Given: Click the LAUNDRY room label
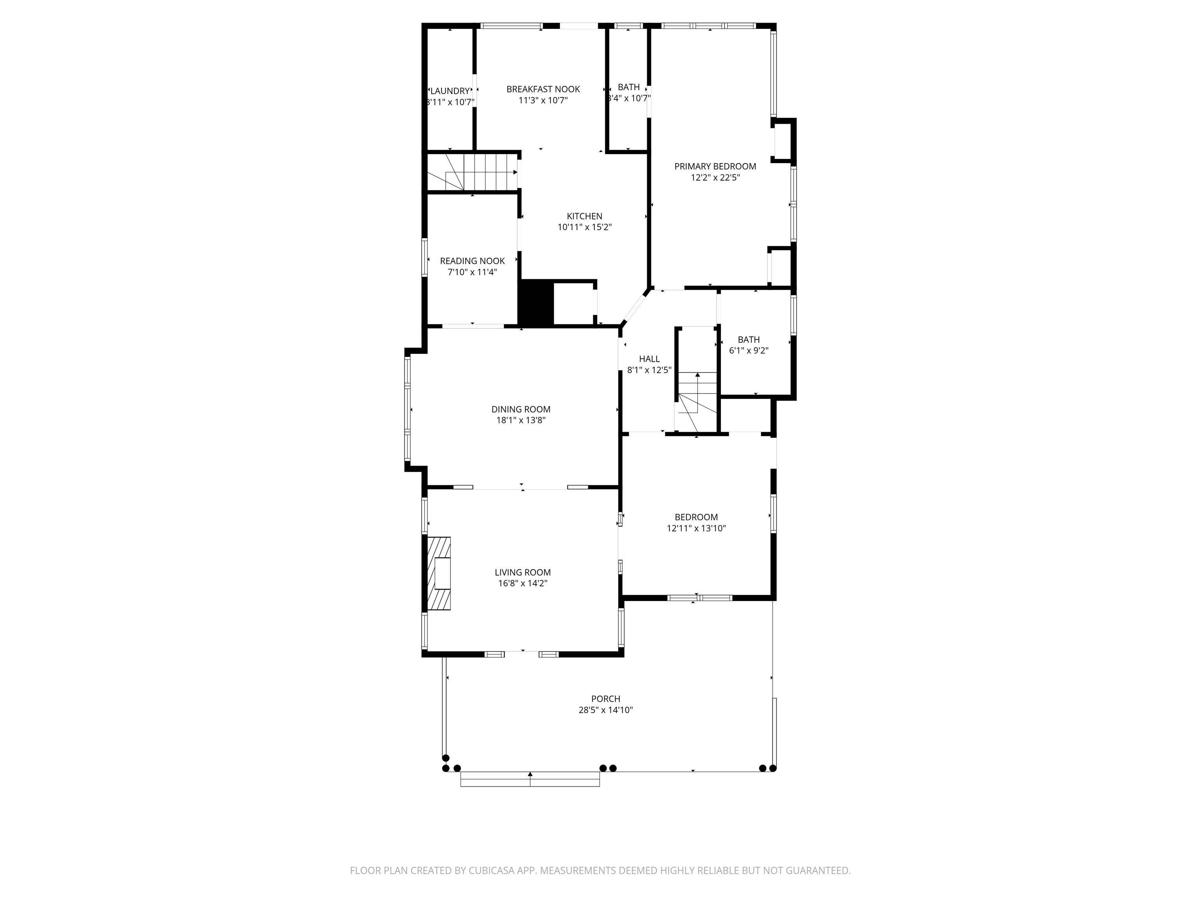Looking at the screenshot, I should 450,91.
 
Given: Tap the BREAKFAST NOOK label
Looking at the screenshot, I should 543,89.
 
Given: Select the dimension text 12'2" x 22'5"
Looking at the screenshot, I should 715,178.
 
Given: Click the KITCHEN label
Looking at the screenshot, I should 584,216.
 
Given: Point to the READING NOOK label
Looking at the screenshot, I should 472,261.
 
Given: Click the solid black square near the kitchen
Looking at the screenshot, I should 535,303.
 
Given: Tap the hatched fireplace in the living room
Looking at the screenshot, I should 439,574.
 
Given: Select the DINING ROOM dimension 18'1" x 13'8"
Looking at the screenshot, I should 521,420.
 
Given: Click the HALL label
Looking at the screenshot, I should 649,359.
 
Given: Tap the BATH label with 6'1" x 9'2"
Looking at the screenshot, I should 748,340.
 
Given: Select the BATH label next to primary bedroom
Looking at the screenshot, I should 628,88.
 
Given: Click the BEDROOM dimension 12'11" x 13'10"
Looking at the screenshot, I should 696,528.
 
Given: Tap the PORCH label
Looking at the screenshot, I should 605,699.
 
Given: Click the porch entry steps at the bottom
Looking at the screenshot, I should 530,779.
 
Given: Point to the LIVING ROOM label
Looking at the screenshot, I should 522,573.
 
